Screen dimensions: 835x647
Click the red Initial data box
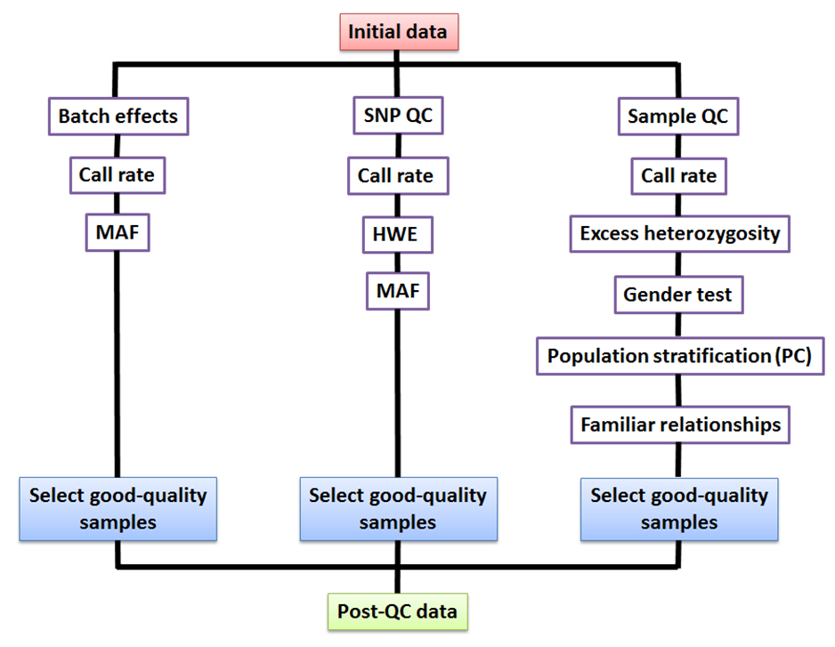399,32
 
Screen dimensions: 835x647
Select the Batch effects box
118,116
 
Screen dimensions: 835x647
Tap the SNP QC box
398,115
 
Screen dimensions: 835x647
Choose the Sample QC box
678,116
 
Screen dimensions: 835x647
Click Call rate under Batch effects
118,175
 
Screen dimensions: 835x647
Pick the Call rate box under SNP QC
398,175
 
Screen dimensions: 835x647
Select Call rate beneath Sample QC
678,175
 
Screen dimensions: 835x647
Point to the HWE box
397,234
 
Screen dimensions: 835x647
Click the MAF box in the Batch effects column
118,232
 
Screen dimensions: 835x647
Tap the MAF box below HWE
397,291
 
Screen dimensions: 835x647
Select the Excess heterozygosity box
679,234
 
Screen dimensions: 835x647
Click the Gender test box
678,295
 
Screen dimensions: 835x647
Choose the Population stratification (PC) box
680,356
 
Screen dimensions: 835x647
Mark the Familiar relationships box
680,425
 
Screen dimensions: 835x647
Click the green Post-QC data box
397,612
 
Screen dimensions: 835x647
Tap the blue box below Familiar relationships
679,509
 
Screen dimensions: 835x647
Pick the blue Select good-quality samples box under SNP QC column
398,509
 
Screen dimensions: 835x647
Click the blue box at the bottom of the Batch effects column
118,509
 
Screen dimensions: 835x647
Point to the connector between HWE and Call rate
397,206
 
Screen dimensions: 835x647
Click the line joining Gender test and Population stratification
678,326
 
